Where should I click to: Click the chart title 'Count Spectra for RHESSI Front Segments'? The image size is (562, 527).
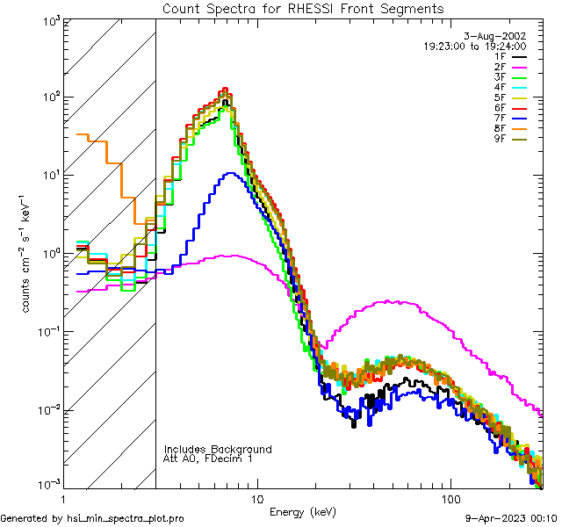point(303,9)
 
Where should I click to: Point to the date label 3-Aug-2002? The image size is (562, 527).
point(500,36)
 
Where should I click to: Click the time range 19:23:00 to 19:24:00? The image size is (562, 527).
point(475,46)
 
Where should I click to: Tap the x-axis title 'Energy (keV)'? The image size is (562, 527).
point(301,511)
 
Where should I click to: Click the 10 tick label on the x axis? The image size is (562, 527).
point(257,497)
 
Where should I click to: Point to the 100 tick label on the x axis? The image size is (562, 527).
point(450,497)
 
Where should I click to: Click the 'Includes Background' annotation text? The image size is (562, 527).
point(218,449)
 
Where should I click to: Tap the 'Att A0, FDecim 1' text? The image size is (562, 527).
point(208,458)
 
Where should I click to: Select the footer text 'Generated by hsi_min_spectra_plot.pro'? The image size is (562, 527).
point(92,518)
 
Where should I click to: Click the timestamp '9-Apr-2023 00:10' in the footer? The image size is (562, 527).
point(511,518)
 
